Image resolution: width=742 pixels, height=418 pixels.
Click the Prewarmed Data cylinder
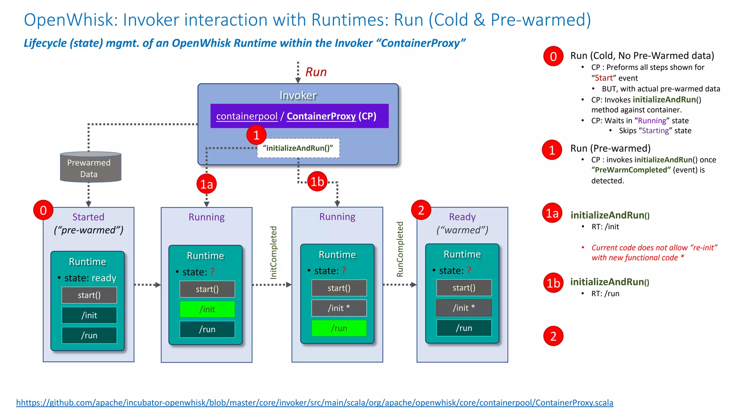point(90,168)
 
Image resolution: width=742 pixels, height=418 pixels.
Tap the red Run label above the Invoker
point(316,72)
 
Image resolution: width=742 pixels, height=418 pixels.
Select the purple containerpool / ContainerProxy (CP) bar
point(299,116)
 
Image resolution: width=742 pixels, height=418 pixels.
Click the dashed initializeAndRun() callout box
point(298,148)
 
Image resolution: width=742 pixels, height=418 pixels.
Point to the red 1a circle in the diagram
point(207,184)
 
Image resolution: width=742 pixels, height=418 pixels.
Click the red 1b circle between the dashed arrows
point(317,181)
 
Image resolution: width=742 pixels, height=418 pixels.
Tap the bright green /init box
point(207,309)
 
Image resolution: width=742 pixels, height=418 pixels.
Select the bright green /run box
point(339,328)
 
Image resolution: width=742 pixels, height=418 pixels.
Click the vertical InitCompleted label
point(274,252)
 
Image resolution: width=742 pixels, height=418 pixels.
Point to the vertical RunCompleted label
point(400,249)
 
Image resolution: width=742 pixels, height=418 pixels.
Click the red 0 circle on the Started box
point(43,210)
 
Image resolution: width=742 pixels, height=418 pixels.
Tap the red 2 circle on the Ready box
point(421,210)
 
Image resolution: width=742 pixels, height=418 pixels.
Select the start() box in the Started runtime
point(89,295)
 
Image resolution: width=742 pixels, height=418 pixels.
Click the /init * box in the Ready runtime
point(464,308)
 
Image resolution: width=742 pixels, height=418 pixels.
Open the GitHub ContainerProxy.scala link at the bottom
point(314,403)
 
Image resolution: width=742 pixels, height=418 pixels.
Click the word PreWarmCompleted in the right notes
point(633,170)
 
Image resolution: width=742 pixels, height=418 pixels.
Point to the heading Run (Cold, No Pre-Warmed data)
point(642,56)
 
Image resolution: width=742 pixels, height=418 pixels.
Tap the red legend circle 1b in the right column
point(553,283)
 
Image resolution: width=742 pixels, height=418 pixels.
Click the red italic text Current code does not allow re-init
point(654,253)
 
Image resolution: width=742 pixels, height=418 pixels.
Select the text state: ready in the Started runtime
point(90,278)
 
